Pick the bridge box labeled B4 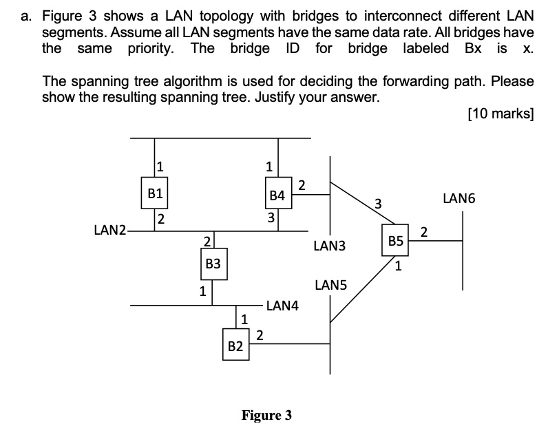click(x=277, y=195)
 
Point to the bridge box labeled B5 click(x=395, y=241)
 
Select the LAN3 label click(x=329, y=245)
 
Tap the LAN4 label click(x=282, y=305)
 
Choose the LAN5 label click(x=331, y=284)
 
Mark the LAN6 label click(x=459, y=199)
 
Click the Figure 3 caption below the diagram click(x=266, y=415)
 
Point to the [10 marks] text click(x=500, y=114)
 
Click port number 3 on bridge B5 click(x=377, y=202)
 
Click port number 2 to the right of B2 click(x=259, y=335)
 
